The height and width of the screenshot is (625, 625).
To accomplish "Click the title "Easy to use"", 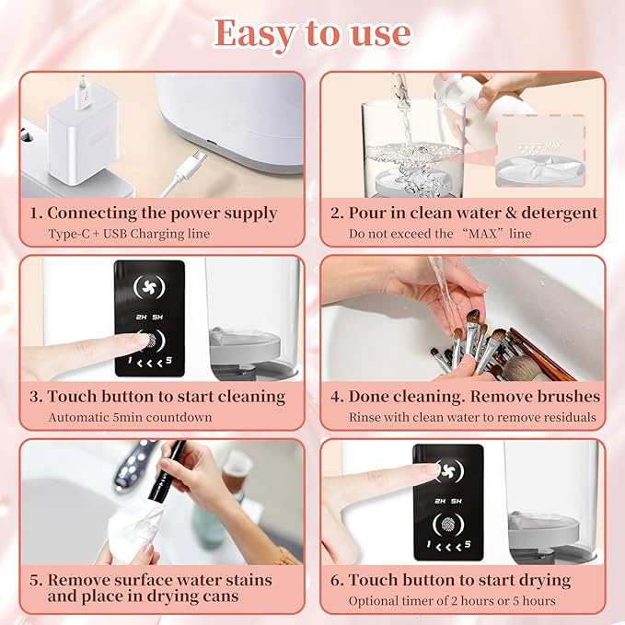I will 312,33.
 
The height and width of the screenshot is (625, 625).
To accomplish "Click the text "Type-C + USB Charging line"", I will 129,234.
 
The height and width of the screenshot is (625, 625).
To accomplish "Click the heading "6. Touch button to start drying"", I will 459,580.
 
